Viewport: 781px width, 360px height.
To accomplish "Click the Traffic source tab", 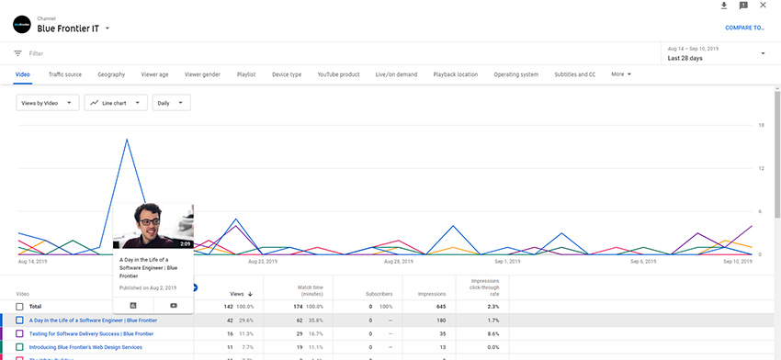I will click(65, 74).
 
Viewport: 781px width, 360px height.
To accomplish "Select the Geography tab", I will click(111, 74).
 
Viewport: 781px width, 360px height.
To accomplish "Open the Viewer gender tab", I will click(202, 74).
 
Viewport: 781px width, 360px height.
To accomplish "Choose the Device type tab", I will click(287, 74).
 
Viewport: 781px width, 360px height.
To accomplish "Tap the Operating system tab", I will click(515, 74).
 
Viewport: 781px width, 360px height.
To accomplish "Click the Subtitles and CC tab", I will click(575, 74).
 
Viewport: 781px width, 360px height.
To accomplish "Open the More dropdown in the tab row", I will click(621, 74).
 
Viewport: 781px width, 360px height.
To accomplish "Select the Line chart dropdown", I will click(116, 103).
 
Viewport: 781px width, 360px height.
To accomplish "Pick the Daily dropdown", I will click(171, 103).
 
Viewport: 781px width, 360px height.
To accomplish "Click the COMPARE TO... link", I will click(745, 28).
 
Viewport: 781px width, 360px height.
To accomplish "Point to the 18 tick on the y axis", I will click(761, 125).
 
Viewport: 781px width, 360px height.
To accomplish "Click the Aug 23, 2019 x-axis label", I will click(263, 262).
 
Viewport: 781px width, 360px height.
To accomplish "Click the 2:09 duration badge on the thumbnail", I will click(185, 244).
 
